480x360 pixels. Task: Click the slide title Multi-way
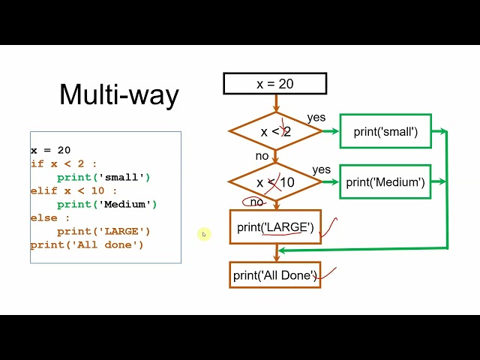click(119, 94)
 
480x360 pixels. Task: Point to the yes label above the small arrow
click(316, 117)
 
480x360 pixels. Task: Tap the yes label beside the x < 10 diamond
click(322, 169)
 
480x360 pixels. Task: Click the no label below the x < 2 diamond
click(262, 156)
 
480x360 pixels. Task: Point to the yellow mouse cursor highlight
click(204, 235)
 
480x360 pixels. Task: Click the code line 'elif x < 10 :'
click(73, 191)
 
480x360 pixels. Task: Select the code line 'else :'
click(50, 218)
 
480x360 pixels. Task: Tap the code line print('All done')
click(87, 245)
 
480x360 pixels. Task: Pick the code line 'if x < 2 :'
click(64, 163)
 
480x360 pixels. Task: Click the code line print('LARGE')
click(103, 232)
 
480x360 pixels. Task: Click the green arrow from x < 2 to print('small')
click(331, 131)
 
